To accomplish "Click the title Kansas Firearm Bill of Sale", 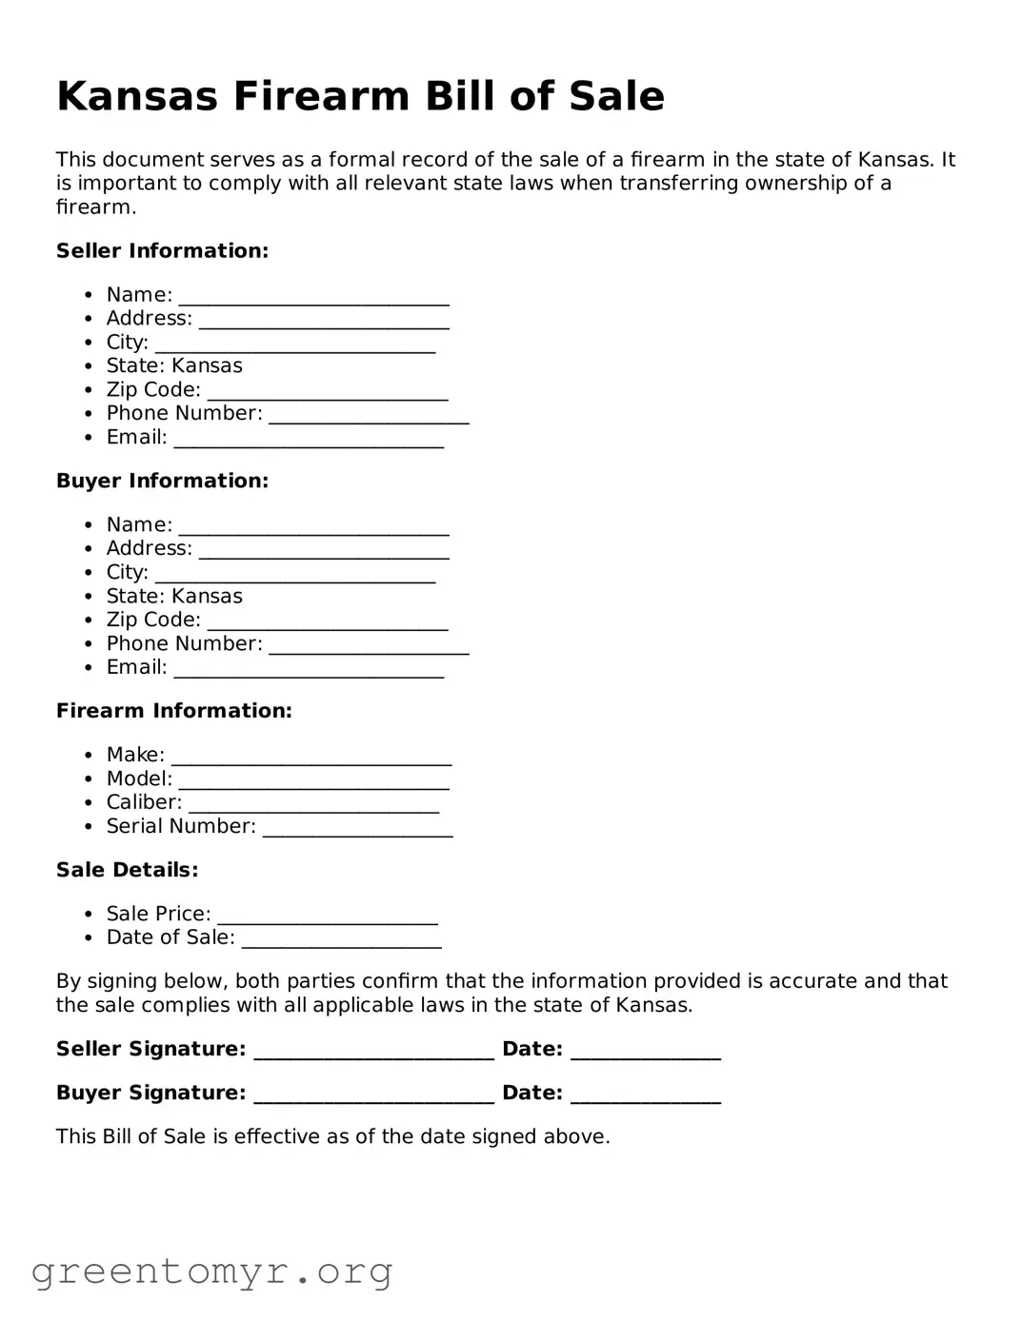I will point(360,97).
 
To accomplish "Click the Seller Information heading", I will point(162,251).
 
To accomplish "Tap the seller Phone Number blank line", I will point(369,417).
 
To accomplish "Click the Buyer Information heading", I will point(162,482).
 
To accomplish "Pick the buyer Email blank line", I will point(309,671).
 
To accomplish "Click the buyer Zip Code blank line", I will point(327,623).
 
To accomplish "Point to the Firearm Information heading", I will point(173,711).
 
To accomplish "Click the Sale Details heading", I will point(127,870).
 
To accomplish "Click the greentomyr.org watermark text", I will point(211,1272).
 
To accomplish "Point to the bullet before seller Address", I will point(89,319).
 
